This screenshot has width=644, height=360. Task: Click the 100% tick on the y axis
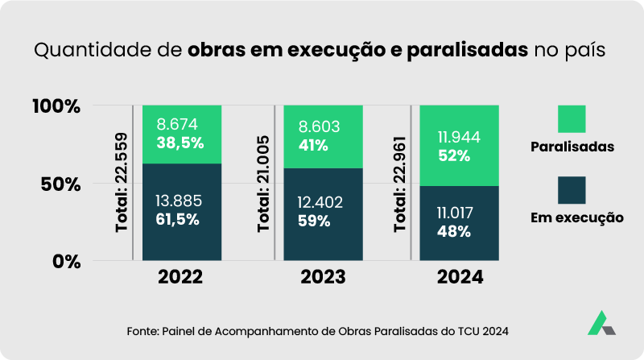56,106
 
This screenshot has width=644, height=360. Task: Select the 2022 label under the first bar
181,278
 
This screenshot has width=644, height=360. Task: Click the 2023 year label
323,278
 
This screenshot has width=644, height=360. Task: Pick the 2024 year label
460,278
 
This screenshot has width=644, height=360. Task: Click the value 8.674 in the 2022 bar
177,125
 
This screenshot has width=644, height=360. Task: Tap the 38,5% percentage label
180,143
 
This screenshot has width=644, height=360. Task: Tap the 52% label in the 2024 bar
455,156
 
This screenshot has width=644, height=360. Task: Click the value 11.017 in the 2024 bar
456,213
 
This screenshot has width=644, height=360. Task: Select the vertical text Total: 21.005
264,184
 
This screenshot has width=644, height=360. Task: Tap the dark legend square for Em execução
572,189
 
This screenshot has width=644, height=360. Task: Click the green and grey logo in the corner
601,322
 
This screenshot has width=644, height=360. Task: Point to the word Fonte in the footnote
144,331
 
